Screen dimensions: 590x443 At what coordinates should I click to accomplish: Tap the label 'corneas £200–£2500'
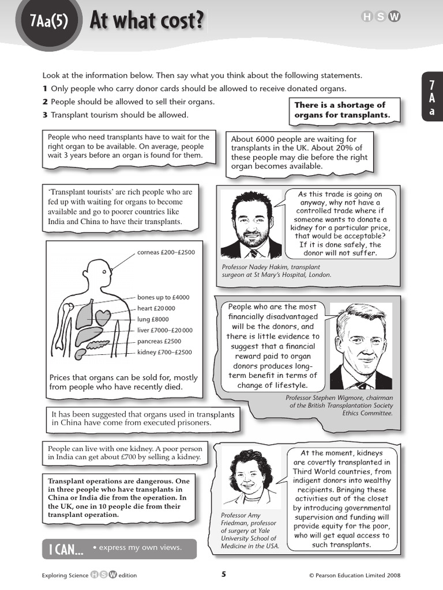click(166, 252)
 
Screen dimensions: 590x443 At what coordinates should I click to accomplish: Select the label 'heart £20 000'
click(156, 308)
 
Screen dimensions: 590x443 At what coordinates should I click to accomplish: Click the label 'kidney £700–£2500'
click(164, 352)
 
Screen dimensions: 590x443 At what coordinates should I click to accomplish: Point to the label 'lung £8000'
click(153, 319)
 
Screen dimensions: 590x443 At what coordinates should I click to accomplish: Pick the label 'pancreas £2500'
click(159, 341)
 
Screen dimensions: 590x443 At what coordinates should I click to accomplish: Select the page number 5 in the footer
click(224, 574)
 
